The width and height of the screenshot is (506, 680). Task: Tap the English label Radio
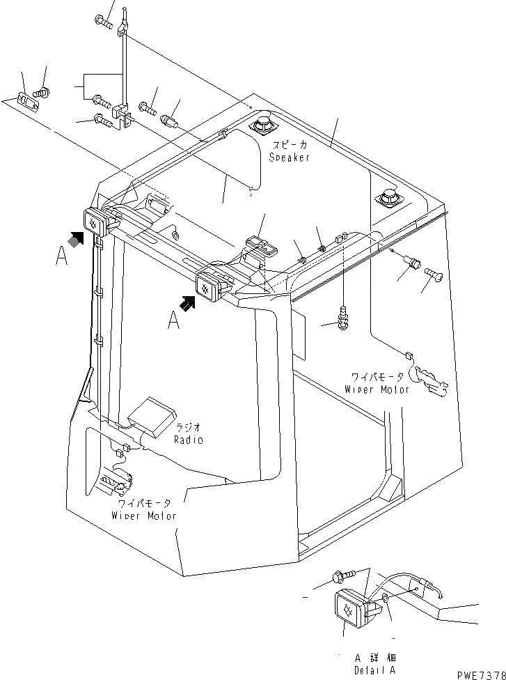(x=189, y=440)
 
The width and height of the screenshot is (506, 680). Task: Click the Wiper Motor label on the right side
(x=377, y=389)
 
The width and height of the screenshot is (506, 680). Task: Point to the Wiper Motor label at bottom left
(x=143, y=516)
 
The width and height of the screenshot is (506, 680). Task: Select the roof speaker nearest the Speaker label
(x=263, y=127)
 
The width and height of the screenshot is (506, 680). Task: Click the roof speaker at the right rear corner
(x=387, y=199)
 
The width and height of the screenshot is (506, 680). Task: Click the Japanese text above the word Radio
(x=189, y=426)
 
